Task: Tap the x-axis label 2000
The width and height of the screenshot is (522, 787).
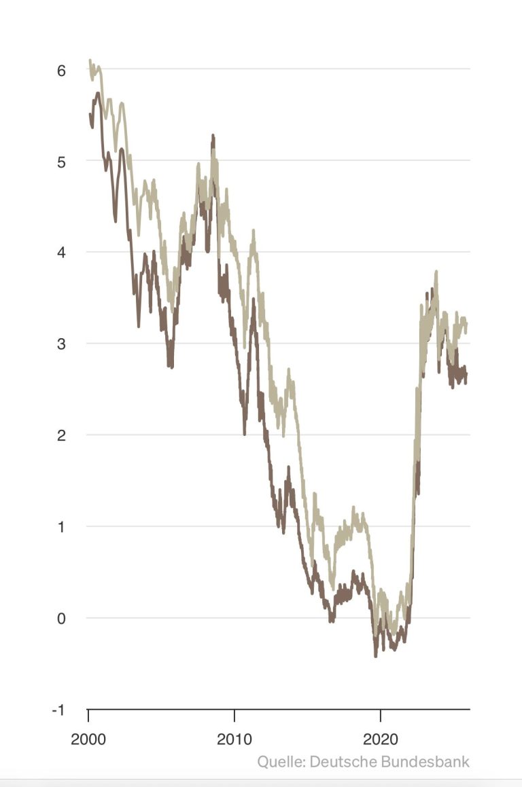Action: (x=88, y=739)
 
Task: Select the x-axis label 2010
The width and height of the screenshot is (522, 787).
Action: (x=234, y=739)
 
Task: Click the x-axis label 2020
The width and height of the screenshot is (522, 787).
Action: (x=381, y=739)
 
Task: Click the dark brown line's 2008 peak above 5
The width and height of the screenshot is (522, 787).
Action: (x=213, y=136)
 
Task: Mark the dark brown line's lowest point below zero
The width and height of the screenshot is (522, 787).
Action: (x=375, y=656)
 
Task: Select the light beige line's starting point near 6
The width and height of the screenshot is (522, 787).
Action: (x=90, y=60)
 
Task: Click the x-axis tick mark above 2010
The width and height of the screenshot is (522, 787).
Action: (x=234, y=714)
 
